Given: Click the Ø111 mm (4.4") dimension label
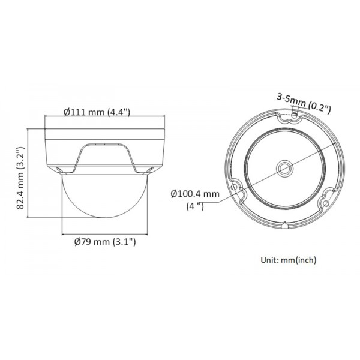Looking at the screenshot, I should tap(97, 112).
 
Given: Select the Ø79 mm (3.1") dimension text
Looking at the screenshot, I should tap(105, 242).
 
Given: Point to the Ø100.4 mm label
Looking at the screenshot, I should tap(194, 194).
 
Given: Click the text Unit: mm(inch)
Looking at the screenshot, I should tap(288, 260).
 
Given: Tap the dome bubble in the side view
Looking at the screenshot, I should tap(106, 201).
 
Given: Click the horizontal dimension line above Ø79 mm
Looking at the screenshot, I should tap(106, 235).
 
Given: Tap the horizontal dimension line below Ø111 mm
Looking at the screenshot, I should tap(106, 119).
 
